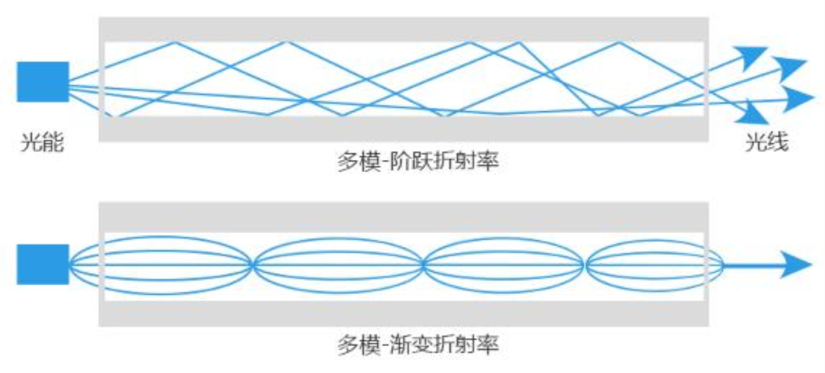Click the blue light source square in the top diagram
[42, 82]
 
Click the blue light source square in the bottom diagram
[42, 264]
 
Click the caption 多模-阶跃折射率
[417, 162]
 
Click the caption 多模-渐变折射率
[417, 344]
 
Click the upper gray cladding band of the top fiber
[404, 29]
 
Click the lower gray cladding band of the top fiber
[404, 129]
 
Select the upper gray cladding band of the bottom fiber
[404, 217]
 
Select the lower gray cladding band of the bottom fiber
[404, 313]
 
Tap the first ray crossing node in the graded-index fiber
[252, 264]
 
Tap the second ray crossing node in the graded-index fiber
[422, 264]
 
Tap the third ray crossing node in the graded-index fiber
[585, 264]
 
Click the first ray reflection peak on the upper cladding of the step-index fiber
[176, 42]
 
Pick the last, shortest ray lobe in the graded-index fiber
[654, 264]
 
